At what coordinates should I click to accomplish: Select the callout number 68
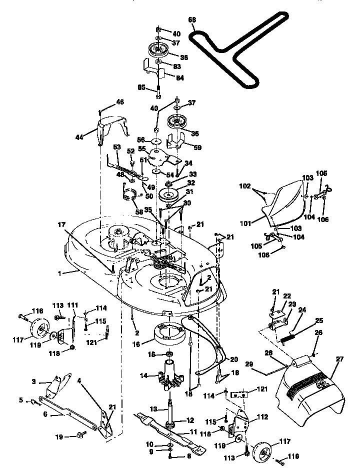pos(192,20)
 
